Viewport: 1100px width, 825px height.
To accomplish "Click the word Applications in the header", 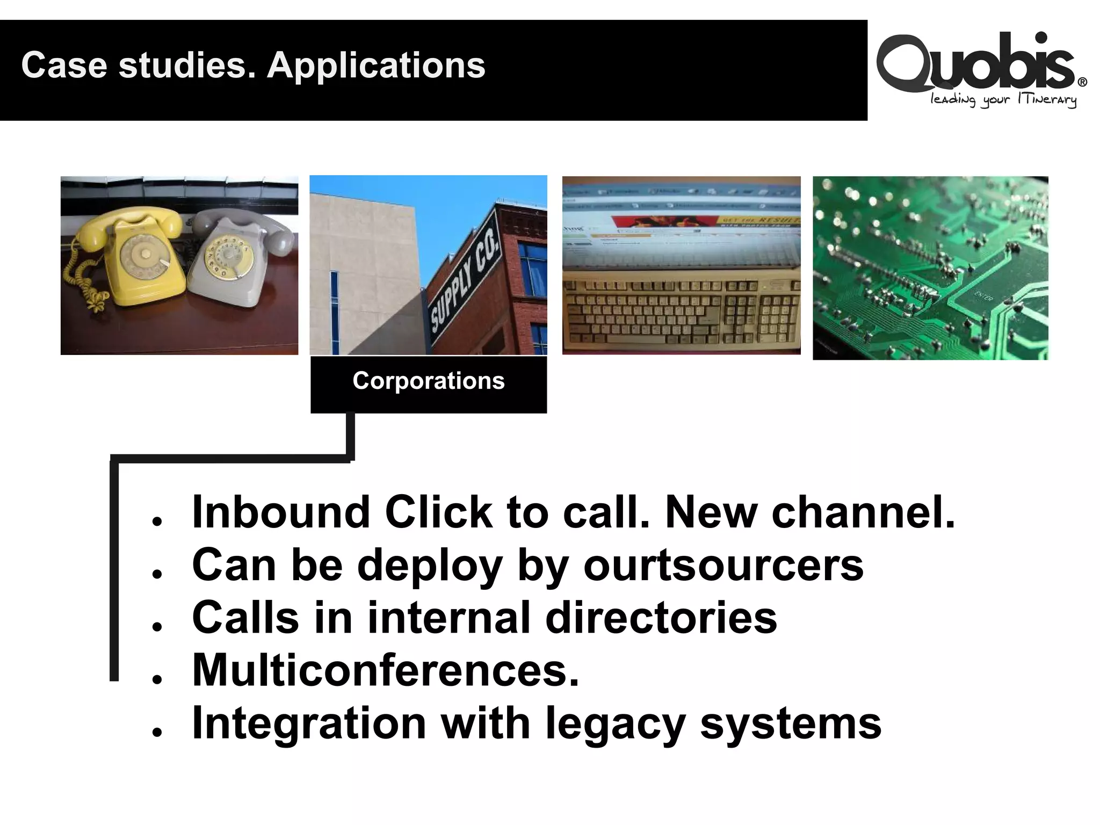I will [x=376, y=66].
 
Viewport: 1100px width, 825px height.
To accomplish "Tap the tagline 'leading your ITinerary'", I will [x=1003, y=100].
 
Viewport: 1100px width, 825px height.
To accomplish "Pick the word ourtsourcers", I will [x=723, y=565].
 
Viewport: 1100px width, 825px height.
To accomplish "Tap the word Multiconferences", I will [x=386, y=670].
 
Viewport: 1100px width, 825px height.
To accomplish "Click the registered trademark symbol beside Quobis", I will [x=1082, y=82].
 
